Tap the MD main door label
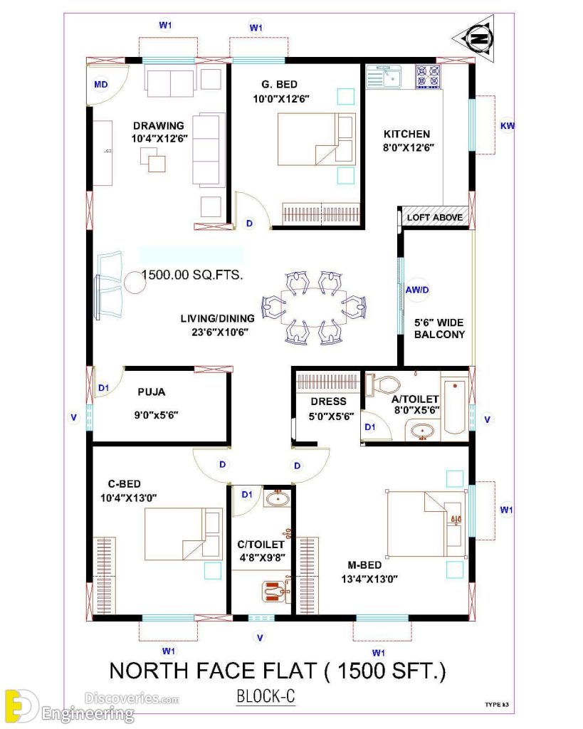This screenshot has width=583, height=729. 101,85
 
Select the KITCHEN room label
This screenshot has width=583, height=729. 406,133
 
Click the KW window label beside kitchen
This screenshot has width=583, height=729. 508,126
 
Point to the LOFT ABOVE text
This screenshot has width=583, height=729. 434,217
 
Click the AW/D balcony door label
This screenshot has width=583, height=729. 417,290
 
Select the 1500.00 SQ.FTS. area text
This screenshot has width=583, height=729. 191,275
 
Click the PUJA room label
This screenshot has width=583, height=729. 152,391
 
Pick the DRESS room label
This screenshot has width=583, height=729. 328,402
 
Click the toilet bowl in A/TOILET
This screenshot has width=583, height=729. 385,385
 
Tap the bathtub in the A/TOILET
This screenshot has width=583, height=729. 453,407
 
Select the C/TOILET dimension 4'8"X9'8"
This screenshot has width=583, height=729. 261,557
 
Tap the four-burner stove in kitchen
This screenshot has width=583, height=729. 427,76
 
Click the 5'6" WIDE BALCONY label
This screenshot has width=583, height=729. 440,327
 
